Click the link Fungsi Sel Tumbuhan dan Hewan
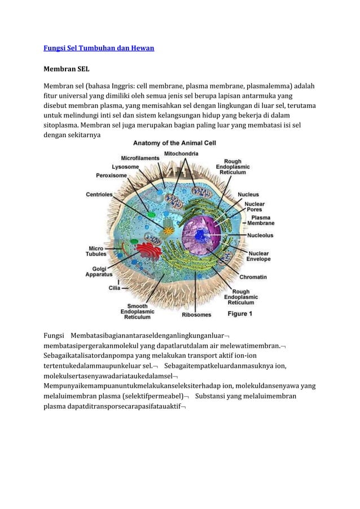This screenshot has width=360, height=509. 99,49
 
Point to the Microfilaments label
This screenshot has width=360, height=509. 140,159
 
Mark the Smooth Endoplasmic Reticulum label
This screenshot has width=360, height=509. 137,311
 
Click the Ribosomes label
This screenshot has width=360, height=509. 197,314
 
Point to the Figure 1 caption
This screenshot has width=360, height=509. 240,313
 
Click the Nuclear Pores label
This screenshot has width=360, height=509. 254,207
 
